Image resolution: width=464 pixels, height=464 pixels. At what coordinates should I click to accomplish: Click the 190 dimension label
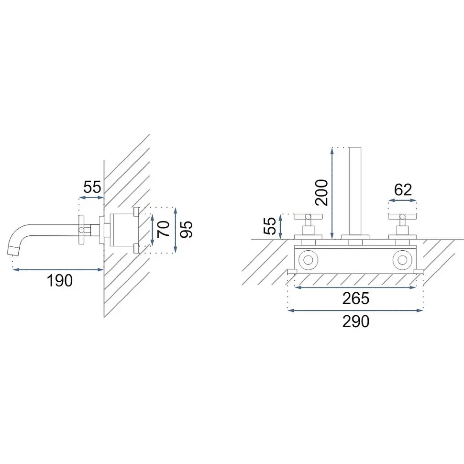[59, 280]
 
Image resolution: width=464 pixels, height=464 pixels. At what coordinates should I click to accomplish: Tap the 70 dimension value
[163, 229]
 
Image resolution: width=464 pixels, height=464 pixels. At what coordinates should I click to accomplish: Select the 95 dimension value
[186, 229]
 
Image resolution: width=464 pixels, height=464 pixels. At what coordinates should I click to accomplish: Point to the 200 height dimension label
[321, 193]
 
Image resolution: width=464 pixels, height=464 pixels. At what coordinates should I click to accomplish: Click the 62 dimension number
[403, 190]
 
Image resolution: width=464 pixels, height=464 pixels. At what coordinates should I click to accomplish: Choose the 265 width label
[356, 298]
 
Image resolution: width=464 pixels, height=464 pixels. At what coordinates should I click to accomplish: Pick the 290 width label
[356, 321]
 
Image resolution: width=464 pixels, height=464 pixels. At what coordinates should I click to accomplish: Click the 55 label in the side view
[92, 187]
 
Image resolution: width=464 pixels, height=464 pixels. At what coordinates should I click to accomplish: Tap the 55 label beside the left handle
[269, 226]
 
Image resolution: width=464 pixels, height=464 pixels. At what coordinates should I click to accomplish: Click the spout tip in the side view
[13, 250]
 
